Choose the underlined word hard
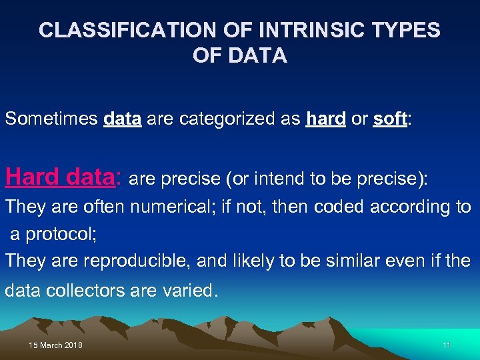click(x=325, y=119)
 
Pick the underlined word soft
click(x=389, y=119)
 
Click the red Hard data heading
click(x=62, y=178)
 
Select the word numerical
click(x=171, y=207)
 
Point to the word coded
click(x=340, y=207)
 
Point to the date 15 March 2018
click(x=56, y=345)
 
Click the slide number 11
click(x=447, y=345)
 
